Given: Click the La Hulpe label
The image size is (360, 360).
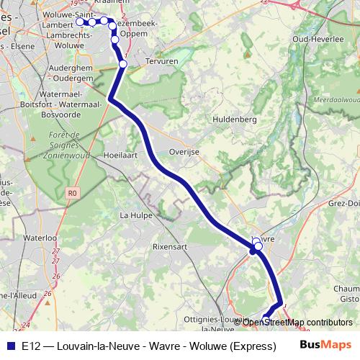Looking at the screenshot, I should point(133,215).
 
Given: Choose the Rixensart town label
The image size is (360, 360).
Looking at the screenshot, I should point(170,246).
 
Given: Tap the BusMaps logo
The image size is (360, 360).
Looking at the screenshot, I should point(325,346).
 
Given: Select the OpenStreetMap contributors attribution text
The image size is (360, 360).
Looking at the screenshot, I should point(297,323).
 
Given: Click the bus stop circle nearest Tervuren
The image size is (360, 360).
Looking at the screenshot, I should point(123,64).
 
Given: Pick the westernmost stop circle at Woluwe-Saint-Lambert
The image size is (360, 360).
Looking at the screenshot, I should point(80,22).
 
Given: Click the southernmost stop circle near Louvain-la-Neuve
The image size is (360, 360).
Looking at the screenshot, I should point(266,319).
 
